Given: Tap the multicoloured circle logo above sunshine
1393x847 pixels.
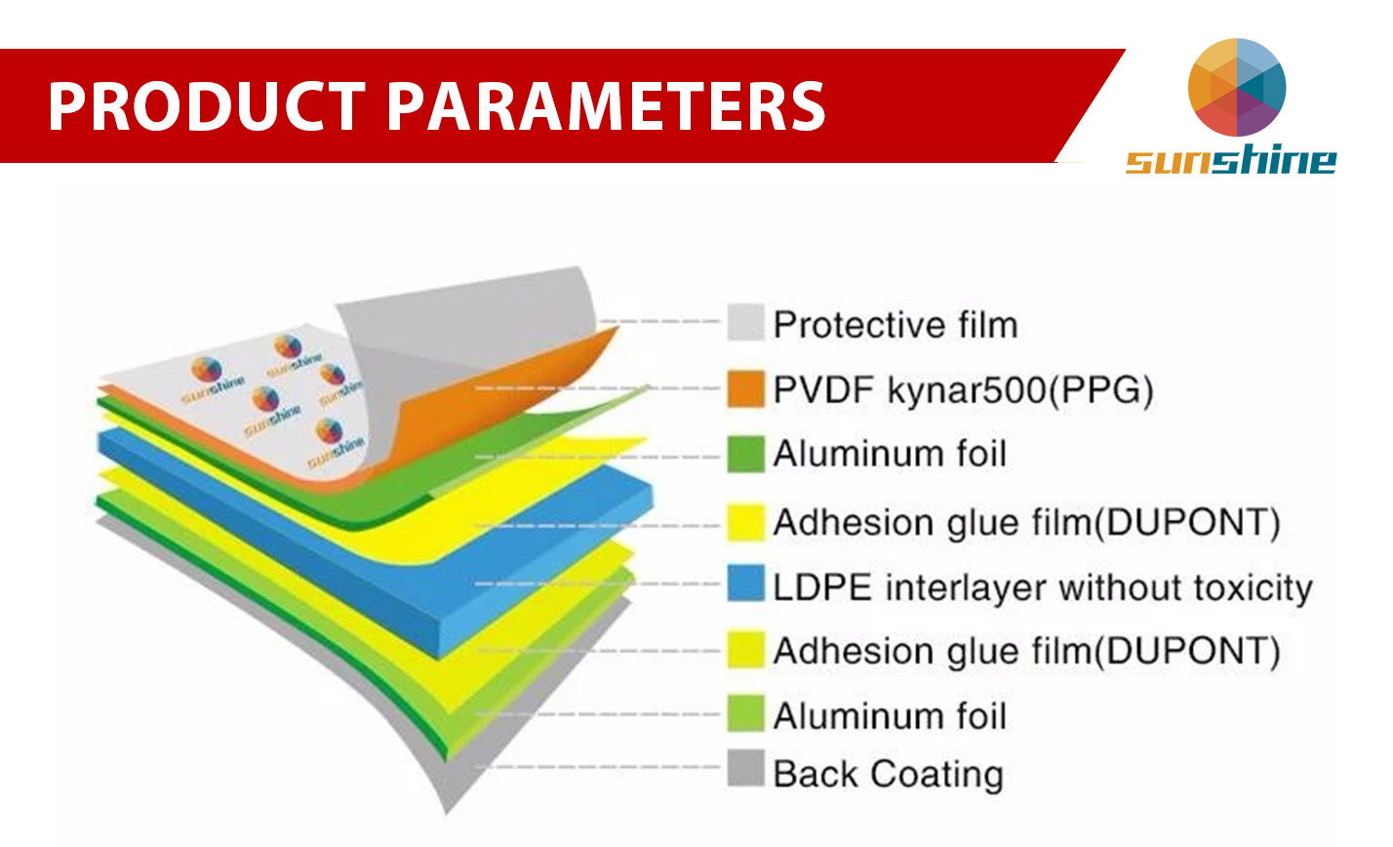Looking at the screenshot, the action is pos(1236,87).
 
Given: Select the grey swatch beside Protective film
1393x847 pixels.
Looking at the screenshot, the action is pos(745,322).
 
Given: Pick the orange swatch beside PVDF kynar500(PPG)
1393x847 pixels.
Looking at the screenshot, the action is pos(745,388).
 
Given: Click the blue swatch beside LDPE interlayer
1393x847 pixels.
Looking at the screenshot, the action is pos(745,583).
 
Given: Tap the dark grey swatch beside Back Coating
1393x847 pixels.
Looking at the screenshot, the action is pos(745,768).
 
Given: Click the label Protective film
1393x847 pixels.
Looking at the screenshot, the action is pos(895,325).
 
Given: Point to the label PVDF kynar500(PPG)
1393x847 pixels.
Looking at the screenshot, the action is pos(963,390).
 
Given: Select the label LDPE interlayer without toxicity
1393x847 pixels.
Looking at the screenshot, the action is pos(1042,588).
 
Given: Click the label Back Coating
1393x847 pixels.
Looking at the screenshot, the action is pos(888,774).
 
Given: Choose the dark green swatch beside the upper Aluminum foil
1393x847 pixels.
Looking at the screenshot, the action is pos(745,454).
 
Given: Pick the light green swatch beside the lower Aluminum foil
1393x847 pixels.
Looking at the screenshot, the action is pos(745,713).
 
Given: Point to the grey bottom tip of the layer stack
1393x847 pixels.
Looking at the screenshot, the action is pos(447,808).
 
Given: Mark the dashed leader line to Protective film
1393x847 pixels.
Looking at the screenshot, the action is pos(660,321).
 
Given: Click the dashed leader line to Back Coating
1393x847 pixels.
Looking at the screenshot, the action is pos(598,767).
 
